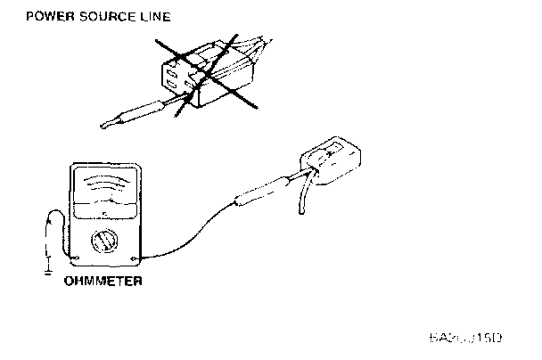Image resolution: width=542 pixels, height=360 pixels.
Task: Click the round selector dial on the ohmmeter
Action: [104, 241]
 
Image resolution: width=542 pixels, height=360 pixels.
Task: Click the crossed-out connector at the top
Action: [205, 76]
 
